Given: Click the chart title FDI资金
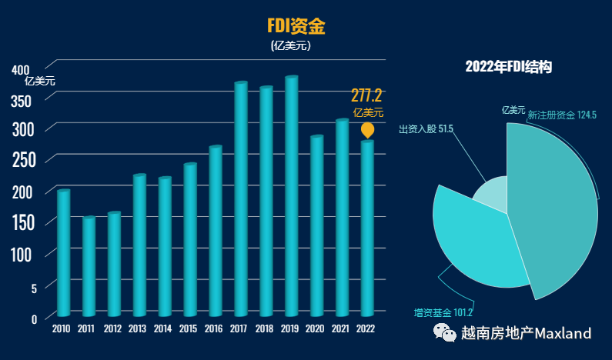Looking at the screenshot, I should [296, 26].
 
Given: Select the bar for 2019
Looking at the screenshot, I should [291, 196].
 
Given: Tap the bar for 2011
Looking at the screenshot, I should [89, 266].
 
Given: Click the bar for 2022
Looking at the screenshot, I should [367, 228].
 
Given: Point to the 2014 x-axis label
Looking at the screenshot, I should [163, 329].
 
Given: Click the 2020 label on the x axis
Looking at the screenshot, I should [315, 329].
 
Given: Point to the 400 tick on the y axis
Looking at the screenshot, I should [20, 69].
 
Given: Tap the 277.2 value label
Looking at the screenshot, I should [366, 95].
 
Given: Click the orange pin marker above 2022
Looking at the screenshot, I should [368, 130].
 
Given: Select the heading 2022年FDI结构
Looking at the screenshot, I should [509, 68].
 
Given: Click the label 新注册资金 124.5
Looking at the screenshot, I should [562, 115].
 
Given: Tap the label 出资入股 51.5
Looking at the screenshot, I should [426, 128].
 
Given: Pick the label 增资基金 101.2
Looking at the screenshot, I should [443, 312].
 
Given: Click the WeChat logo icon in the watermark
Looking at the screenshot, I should [444, 332].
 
